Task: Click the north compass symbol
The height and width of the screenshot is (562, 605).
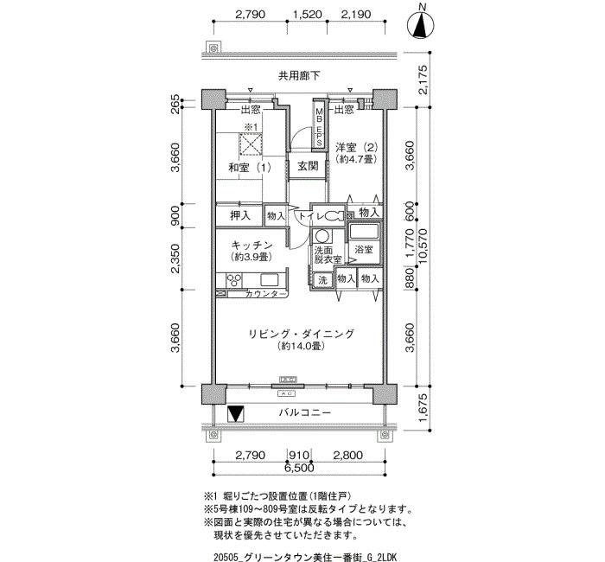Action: tap(421, 25)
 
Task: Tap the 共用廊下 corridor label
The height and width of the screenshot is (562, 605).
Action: tap(299, 76)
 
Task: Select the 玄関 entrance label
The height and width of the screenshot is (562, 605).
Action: tap(308, 166)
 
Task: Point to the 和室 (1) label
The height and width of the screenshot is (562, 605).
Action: tap(250, 168)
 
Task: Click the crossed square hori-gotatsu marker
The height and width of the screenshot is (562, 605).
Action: tap(250, 144)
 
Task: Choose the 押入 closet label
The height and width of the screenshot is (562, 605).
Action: tap(240, 215)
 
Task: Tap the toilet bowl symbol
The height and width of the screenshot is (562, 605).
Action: tap(334, 216)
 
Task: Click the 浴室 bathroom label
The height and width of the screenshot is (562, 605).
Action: tap(364, 249)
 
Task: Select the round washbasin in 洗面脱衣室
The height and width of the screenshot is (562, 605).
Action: tap(322, 235)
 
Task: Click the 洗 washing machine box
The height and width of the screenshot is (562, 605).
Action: tap(322, 280)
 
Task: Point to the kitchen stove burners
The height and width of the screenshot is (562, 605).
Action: tap(234, 279)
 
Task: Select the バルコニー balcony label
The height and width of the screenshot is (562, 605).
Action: tap(305, 412)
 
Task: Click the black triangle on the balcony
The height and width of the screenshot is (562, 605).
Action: tap(236, 414)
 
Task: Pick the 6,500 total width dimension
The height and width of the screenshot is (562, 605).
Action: tap(299, 468)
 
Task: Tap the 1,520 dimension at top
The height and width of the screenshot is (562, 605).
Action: tap(307, 15)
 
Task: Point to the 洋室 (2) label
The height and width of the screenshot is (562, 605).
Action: tap(356, 147)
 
